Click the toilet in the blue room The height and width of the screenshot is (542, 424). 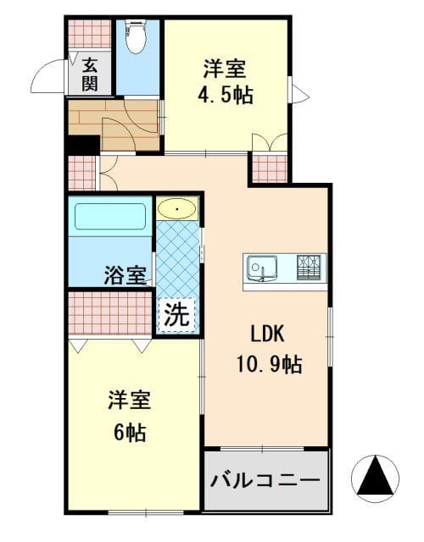135,37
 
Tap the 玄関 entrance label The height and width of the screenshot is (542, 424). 90,75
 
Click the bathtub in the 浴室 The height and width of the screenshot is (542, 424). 110,217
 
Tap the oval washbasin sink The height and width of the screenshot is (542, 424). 177,209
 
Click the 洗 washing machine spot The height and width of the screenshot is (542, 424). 176,314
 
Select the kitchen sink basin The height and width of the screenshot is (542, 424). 262,268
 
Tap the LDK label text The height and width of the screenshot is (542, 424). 268,335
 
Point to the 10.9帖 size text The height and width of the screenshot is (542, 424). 270,364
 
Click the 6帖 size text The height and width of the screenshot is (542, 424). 130,432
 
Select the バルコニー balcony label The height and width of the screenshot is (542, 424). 265,480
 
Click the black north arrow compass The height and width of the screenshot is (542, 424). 375,478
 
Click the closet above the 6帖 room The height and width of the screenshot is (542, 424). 110,312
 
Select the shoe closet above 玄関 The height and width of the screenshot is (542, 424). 90,34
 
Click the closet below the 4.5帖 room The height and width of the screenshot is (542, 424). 270,169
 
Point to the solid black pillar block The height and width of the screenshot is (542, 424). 83,145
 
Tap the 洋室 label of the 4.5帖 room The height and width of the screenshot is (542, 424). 225,69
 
